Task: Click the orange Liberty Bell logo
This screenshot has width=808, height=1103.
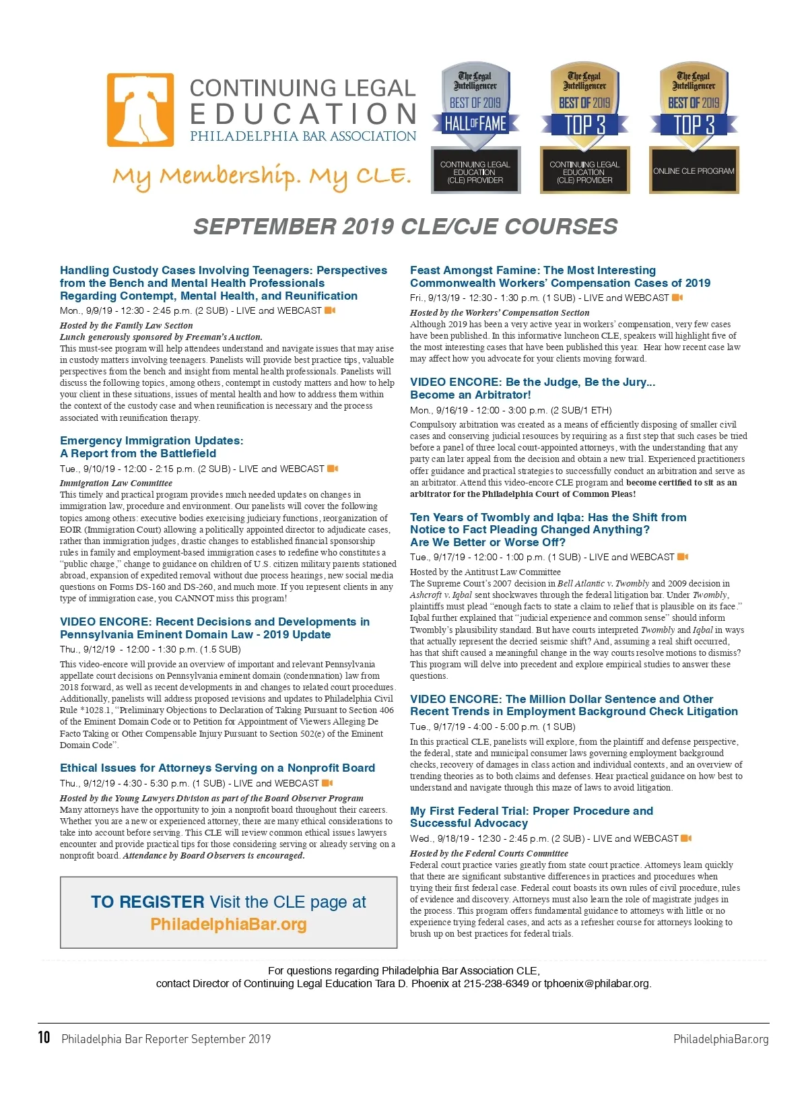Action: [x=140, y=110]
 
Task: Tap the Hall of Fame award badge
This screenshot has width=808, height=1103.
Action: [x=475, y=127]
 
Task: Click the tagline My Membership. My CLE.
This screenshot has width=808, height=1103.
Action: [x=261, y=176]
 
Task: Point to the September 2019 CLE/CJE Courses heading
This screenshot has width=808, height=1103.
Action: [x=405, y=227]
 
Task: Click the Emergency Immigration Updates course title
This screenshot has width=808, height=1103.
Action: [x=151, y=447]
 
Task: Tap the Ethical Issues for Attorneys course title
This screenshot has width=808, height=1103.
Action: [x=217, y=768]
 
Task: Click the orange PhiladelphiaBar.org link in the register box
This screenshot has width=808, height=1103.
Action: [x=228, y=924]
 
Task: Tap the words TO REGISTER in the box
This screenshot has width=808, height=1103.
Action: [x=147, y=902]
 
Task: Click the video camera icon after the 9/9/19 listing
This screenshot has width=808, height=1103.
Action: [x=330, y=310]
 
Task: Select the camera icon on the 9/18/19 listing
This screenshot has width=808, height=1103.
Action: [x=686, y=838]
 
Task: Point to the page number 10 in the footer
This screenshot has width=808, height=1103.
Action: [x=44, y=1038]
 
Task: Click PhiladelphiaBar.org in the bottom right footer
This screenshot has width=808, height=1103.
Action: [x=720, y=1039]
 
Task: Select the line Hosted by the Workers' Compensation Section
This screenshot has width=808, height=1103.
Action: [x=499, y=312]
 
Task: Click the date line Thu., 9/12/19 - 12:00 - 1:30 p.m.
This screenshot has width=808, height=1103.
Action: [x=149, y=649]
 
